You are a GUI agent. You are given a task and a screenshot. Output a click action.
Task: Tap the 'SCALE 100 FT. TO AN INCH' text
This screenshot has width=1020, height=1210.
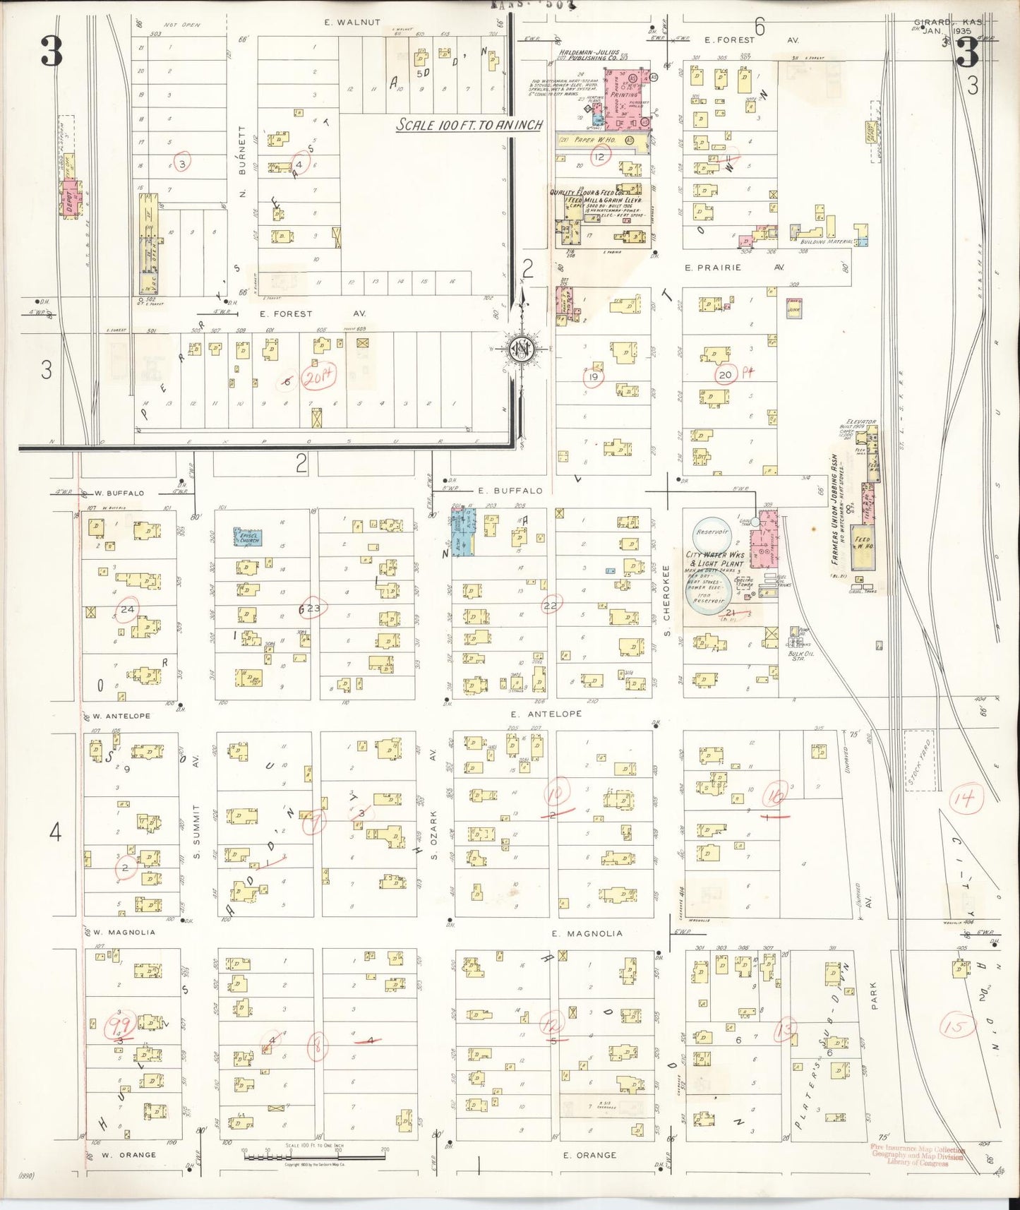pyautogui.click(x=469, y=125)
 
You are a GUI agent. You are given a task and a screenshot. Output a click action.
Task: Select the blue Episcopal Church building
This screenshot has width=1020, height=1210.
pyautogui.click(x=248, y=537)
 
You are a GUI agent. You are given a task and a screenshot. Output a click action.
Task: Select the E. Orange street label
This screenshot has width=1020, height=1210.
pyautogui.click(x=589, y=1155)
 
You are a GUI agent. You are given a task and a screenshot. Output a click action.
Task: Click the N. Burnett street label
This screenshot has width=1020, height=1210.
pyautogui.click(x=241, y=162)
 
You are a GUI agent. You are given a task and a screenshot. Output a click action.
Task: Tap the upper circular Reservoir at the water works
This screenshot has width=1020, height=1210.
pyautogui.click(x=711, y=532)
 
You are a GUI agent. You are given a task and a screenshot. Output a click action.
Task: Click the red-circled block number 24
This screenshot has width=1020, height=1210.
pyautogui.click(x=128, y=609)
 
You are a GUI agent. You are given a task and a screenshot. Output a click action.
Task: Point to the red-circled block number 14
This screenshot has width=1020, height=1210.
pyautogui.click(x=964, y=800)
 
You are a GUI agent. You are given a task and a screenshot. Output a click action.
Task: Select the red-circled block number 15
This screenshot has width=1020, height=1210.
pyautogui.click(x=956, y=1026)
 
